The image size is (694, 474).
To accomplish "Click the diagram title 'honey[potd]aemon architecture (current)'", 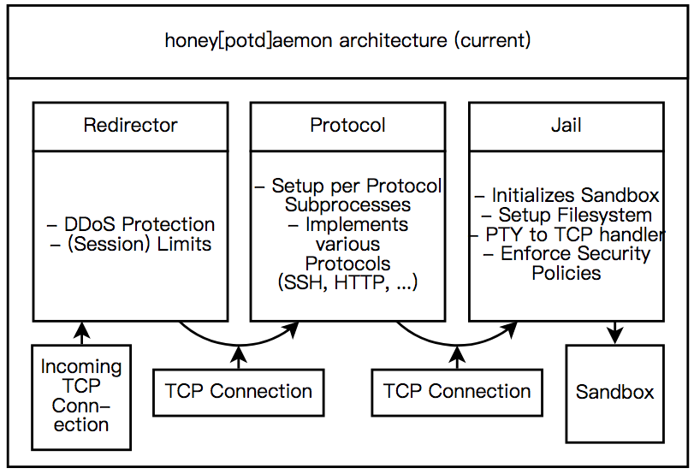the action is [x=348, y=41].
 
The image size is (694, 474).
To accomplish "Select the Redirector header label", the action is [x=131, y=125].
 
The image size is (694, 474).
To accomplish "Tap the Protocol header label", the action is [x=347, y=125].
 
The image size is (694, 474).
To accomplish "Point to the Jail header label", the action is [x=566, y=125].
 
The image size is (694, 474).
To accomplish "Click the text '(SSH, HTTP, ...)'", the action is [x=348, y=282].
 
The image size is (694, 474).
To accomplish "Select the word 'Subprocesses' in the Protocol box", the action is [x=348, y=204].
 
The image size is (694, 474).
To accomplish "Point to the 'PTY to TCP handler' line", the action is [x=568, y=234].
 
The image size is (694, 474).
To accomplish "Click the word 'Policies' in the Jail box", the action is [x=566, y=273].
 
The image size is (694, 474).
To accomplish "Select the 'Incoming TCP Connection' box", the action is [x=81, y=398].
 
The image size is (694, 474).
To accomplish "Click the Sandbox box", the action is [x=615, y=394].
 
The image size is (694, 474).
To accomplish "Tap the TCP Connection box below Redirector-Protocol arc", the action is [x=239, y=393].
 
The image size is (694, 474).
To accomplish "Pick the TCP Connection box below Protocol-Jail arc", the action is [x=457, y=393].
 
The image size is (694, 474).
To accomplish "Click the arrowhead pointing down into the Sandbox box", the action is [x=615, y=336].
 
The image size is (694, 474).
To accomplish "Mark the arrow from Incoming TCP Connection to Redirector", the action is [x=82, y=333].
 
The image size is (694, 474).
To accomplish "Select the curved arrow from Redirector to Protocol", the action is [x=239, y=345].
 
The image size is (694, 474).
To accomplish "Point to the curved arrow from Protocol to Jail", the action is [x=457, y=345].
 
